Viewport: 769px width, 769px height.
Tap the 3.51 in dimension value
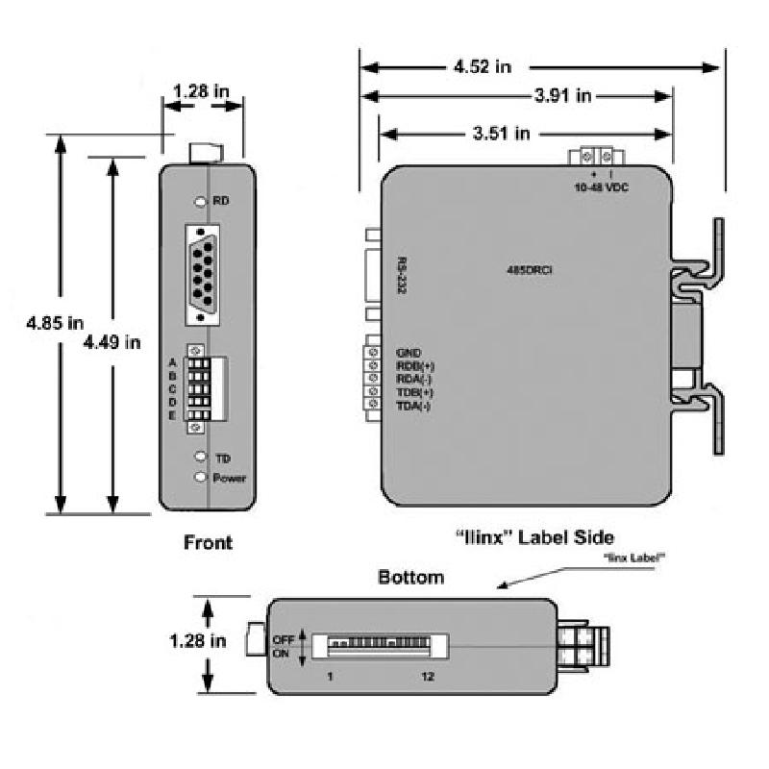(502, 134)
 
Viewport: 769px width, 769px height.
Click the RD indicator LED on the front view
(200, 202)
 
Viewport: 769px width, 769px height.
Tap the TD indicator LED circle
(200, 458)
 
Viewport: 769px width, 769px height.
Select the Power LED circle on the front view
(200, 477)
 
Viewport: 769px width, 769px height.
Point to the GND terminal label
(409, 353)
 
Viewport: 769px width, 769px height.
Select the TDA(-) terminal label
(414, 407)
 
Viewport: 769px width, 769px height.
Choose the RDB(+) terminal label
(415, 366)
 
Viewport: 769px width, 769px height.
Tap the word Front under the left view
(208, 543)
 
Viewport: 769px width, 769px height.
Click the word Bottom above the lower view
(410, 578)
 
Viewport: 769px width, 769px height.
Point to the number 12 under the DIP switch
(428, 677)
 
